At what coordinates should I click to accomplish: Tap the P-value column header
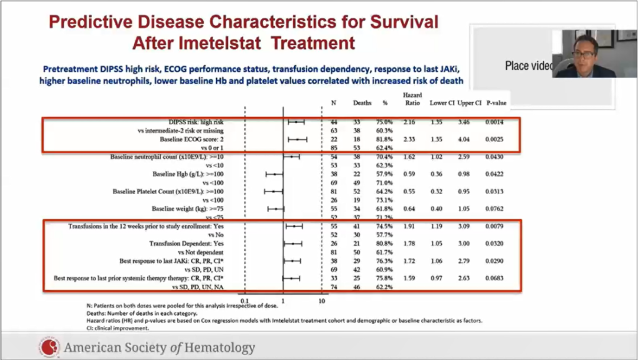(496, 103)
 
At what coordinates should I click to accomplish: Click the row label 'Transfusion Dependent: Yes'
(186, 243)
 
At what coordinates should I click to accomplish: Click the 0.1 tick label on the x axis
(244, 301)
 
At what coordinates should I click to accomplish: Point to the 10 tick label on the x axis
(322, 301)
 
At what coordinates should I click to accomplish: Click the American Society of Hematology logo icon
(49, 347)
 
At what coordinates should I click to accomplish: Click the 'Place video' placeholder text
(529, 66)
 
